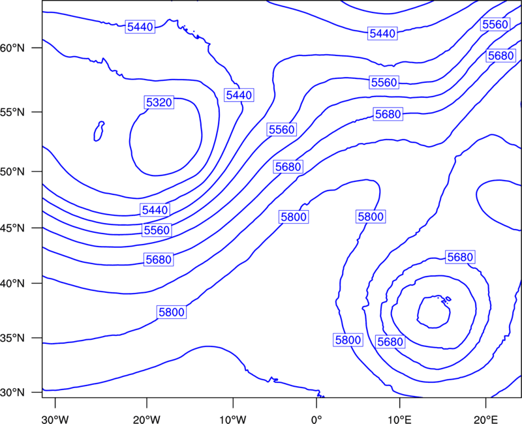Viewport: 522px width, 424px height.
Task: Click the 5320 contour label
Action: [159, 102]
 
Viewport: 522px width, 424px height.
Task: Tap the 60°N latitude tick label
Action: [12, 48]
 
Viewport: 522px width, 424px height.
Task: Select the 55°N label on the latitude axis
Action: [12, 112]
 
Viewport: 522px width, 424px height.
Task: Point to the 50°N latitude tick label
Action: [12, 172]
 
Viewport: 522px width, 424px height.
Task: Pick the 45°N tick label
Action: [12, 228]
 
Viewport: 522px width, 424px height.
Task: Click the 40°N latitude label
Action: [12, 284]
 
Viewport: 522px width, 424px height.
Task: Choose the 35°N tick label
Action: [12, 338]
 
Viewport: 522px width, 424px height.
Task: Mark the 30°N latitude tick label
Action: [12, 393]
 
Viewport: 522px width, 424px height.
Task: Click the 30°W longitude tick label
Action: [55, 419]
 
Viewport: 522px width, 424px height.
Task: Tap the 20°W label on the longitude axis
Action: [147, 419]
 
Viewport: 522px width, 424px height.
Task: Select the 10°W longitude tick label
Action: [233, 419]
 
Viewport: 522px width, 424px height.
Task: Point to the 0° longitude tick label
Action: [316, 419]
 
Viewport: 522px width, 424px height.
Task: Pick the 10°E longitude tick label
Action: [399, 419]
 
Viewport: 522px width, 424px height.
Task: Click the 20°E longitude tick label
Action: [485, 419]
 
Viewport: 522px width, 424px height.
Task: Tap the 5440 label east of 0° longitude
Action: [382, 33]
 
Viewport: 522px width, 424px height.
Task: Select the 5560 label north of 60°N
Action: [495, 24]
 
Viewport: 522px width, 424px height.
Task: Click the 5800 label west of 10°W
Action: [172, 312]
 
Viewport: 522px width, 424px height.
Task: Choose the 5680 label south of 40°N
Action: [390, 341]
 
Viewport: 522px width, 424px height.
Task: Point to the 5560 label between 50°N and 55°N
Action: [282, 129]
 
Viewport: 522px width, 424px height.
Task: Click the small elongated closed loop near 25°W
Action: [99, 131]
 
